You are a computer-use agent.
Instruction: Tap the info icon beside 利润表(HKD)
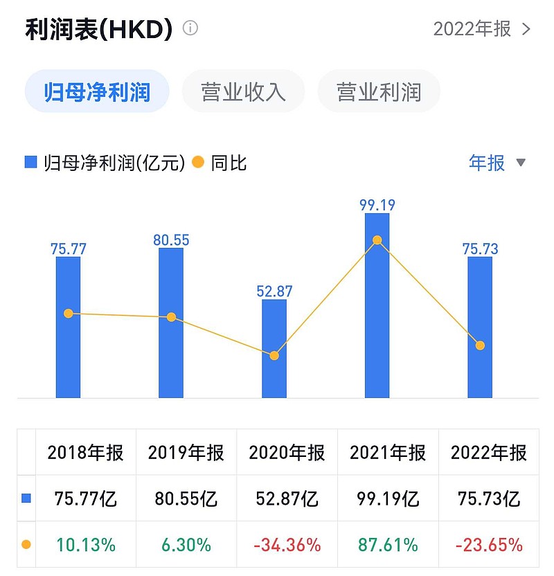coord(190,28)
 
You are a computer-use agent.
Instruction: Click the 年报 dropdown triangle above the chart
coord(521,163)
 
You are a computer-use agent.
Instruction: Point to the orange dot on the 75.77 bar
coord(68,314)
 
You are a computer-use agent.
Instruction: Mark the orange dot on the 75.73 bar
coord(480,345)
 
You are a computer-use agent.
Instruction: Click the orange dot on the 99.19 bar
coord(377,240)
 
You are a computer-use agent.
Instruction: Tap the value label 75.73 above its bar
coord(480,249)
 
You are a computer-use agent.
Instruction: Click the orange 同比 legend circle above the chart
coord(198,163)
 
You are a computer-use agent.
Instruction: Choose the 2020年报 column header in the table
coord(287,453)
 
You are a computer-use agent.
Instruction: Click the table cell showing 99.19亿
coord(388,498)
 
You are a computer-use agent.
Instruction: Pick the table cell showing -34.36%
coord(287,545)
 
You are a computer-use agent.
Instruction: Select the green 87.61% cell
coord(388,545)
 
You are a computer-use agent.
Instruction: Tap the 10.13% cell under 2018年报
coord(85,545)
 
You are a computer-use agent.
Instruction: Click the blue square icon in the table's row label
coord(26,498)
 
